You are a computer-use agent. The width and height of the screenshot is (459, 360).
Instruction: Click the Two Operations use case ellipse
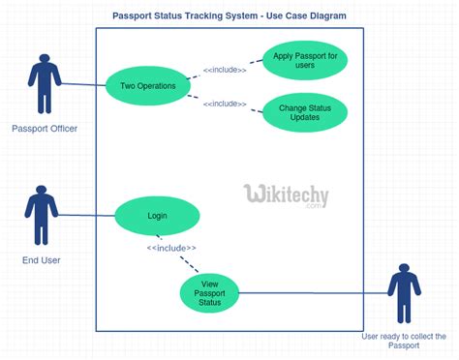click(x=148, y=85)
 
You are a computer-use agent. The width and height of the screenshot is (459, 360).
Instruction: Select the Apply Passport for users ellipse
click(x=305, y=61)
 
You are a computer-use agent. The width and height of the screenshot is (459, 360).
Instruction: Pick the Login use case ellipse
click(x=157, y=216)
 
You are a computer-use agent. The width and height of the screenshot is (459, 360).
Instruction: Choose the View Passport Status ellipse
click(x=209, y=292)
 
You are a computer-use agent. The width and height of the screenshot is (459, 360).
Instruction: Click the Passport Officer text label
click(x=45, y=129)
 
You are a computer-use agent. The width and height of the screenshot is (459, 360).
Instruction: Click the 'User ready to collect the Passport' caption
click(x=404, y=341)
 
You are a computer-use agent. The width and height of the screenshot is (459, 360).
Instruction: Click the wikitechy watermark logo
click(x=286, y=195)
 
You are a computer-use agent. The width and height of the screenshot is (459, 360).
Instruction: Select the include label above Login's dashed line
click(x=170, y=248)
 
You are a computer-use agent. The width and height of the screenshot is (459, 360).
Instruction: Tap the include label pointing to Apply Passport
click(x=225, y=69)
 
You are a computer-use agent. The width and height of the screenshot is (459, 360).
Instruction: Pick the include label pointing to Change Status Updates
click(x=225, y=104)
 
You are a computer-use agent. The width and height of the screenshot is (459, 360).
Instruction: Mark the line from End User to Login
click(x=87, y=215)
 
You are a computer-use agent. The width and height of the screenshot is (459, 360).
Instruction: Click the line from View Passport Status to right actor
click(x=310, y=291)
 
